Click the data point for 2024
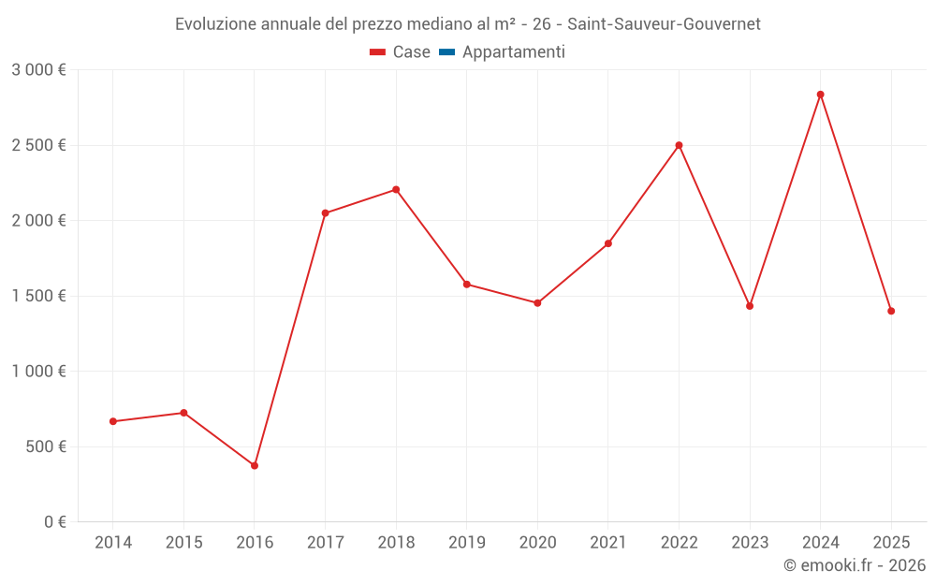pyautogui.click(x=820, y=95)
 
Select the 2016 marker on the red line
pyautogui.click(x=255, y=465)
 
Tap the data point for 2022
pyautogui.click(x=679, y=145)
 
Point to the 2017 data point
pyautogui.click(x=325, y=213)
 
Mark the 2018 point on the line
pyautogui.click(x=396, y=190)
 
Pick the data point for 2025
pyautogui.click(x=891, y=311)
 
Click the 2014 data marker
pyautogui.click(x=113, y=421)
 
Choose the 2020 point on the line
pyautogui.click(x=537, y=303)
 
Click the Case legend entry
pyautogui.click(x=401, y=52)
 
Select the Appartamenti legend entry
pyautogui.click(x=503, y=52)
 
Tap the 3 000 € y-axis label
pyautogui.click(x=38, y=70)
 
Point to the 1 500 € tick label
pyautogui.click(x=38, y=296)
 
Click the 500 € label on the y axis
pyautogui.click(x=44, y=446)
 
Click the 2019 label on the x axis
pyautogui.click(x=466, y=543)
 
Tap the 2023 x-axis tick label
pyautogui.click(x=750, y=543)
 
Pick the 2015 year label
pyautogui.click(x=183, y=543)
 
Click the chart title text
pyautogui.click(x=468, y=23)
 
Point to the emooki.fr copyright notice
pyautogui.click(x=855, y=565)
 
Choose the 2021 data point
pyautogui.click(x=608, y=243)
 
